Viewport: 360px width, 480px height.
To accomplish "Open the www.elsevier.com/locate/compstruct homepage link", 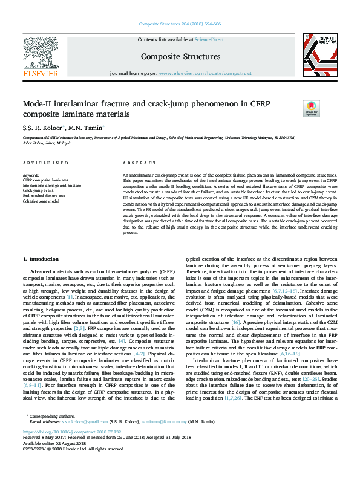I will click(205, 73).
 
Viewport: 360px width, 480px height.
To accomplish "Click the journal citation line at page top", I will click(180, 24).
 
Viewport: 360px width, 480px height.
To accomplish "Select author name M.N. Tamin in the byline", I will click(88, 128).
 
